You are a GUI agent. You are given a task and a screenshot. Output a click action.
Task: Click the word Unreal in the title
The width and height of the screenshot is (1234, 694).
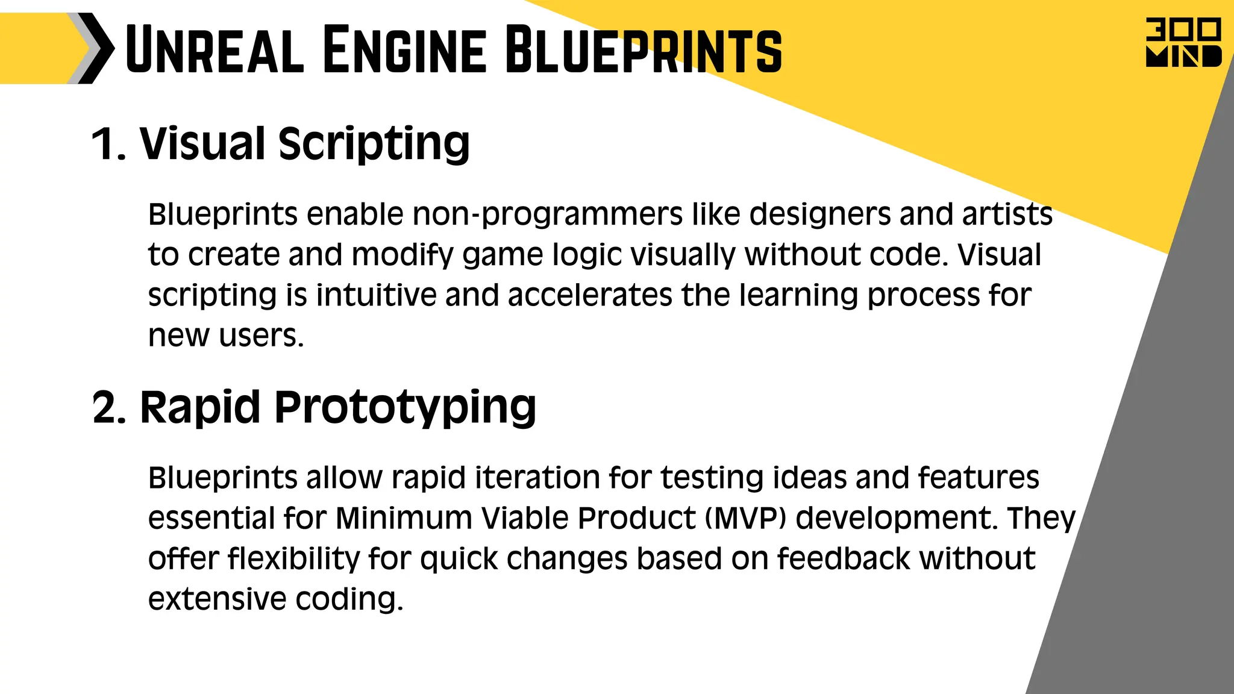coord(215,49)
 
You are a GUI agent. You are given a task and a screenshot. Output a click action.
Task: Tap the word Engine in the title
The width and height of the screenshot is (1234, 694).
coord(404,49)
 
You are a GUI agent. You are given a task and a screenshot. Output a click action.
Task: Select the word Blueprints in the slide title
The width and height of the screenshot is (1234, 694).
coord(643,49)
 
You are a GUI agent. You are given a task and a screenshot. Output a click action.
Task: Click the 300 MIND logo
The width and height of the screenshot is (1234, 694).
coord(1183,42)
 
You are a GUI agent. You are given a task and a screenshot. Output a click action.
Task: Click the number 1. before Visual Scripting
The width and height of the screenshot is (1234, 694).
coord(109,145)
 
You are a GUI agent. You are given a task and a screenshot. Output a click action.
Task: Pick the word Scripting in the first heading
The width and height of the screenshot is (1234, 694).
coord(374,145)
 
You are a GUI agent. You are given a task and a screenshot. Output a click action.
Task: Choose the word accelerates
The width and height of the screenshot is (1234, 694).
coord(590,295)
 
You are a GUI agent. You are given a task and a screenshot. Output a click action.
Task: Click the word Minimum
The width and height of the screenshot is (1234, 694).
coord(403,518)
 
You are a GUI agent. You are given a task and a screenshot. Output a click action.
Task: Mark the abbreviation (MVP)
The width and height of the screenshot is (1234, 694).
coord(745,518)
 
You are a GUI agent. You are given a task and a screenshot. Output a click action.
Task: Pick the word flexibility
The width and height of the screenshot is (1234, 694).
coord(293,559)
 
